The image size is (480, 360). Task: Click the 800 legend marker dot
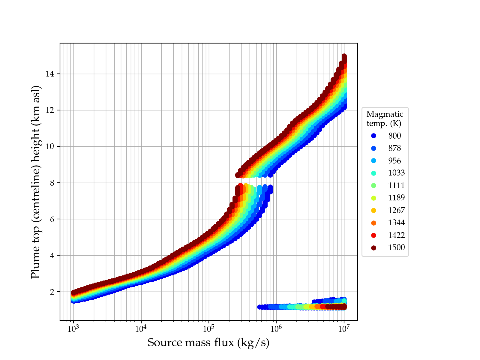click(x=373, y=136)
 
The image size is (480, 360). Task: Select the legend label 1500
click(x=396, y=247)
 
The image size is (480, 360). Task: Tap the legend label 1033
click(x=396, y=173)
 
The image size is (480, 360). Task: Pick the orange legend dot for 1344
click(x=373, y=223)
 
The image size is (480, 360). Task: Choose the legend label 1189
click(x=396, y=198)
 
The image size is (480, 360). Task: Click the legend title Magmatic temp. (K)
click(x=385, y=119)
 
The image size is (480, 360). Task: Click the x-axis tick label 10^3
click(x=73, y=329)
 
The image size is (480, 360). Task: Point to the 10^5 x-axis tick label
click(x=208, y=329)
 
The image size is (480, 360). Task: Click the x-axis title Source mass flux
click(x=208, y=343)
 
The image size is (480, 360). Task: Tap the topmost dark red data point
click(x=344, y=56)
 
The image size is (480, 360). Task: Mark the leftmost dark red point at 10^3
click(x=73, y=292)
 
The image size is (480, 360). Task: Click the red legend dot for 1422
click(x=373, y=235)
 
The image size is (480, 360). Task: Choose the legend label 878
click(x=394, y=148)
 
